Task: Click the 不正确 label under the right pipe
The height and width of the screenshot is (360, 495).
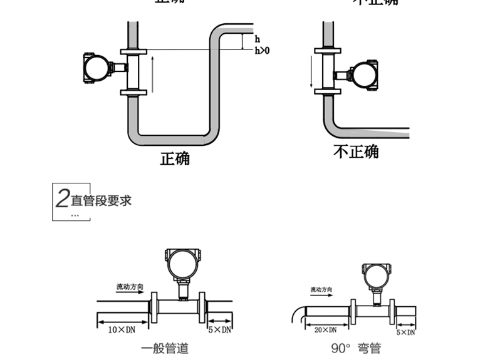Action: [355, 152]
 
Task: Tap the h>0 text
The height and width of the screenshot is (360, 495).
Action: [262, 50]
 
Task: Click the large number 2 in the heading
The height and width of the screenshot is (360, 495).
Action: [62, 199]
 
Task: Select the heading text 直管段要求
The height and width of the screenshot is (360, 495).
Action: [101, 201]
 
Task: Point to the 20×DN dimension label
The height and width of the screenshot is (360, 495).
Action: [325, 329]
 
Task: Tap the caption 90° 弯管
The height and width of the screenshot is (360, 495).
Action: [355, 349]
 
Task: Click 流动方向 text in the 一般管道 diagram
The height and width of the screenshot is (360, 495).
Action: [130, 287]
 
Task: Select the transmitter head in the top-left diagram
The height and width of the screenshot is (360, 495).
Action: [96, 67]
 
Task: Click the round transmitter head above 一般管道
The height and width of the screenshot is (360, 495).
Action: [182, 263]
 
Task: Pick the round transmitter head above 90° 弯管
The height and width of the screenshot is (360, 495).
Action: [376, 274]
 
